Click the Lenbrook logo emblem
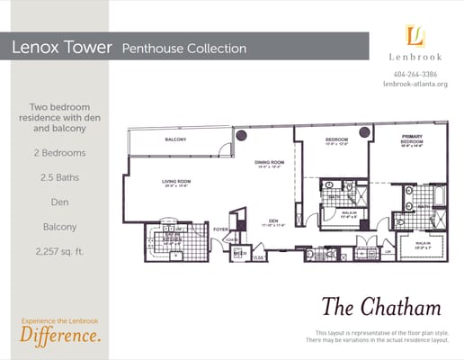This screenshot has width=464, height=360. (x=415, y=36)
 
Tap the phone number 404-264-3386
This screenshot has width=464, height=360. (x=415, y=74)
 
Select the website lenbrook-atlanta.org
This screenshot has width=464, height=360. (x=415, y=85)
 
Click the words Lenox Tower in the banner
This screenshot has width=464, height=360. (x=61, y=48)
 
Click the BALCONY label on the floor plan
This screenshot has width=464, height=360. (x=175, y=140)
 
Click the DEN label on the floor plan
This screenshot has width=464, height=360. (x=272, y=220)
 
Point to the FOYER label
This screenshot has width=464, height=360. (x=220, y=229)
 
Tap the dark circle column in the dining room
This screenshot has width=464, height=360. (x=241, y=135)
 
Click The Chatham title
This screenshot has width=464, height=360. (x=379, y=307)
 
